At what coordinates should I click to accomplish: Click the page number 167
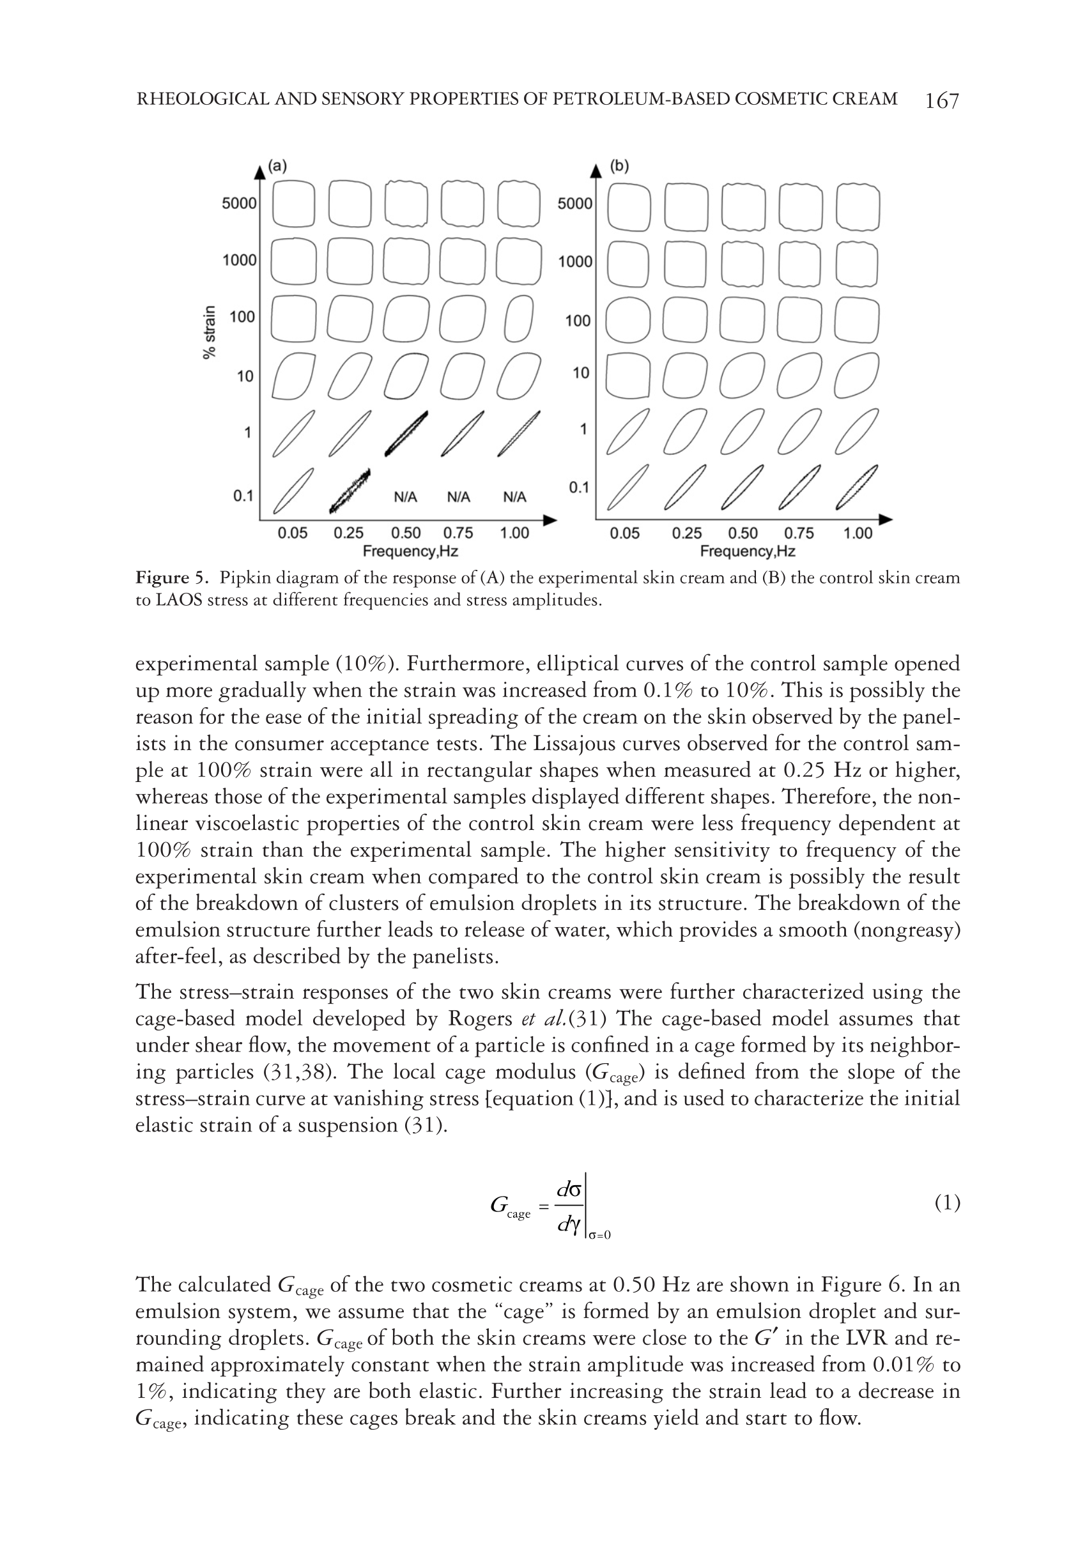coord(941,100)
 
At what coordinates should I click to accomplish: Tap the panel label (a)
coord(277,166)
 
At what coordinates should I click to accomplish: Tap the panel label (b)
coord(619,166)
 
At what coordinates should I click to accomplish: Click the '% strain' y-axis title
coord(210,332)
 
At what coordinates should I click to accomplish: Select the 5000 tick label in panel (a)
coord(239,203)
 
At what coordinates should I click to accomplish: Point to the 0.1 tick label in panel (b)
coord(579,487)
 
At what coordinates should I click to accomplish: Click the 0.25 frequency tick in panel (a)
coord(348,533)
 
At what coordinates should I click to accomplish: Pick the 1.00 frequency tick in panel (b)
coord(858,533)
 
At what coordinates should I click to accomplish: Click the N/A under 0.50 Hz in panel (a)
coord(405,497)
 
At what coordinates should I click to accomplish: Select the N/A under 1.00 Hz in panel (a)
coord(514,497)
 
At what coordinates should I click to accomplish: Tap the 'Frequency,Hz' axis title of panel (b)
coord(747,551)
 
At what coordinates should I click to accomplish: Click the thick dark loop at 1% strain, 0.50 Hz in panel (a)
coord(406,433)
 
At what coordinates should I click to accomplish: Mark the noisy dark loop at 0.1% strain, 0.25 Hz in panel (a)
coord(350,489)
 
